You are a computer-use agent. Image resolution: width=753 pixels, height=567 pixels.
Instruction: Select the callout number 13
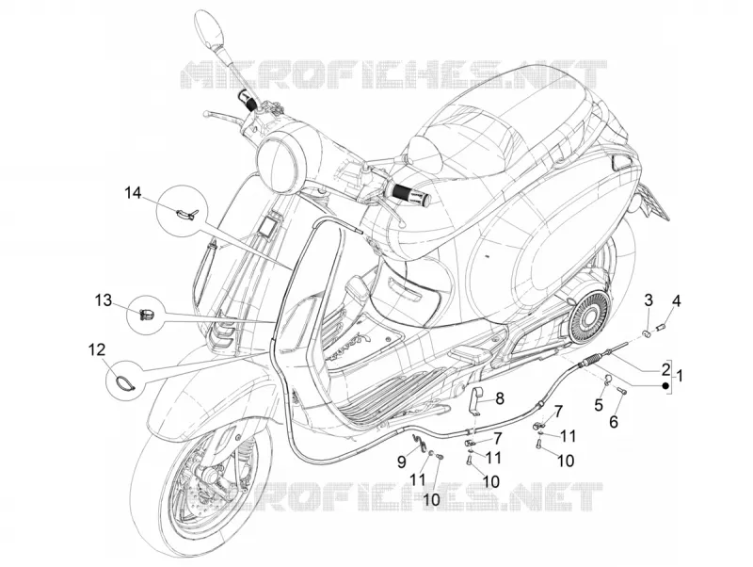[103, 300]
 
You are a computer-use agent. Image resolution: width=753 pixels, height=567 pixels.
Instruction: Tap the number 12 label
[98, 349]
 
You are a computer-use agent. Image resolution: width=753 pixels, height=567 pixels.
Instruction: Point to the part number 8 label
[500, 397]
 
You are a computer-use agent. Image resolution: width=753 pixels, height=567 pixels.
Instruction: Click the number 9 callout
[402, 462]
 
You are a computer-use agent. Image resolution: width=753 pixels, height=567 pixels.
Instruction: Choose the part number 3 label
[649, 300]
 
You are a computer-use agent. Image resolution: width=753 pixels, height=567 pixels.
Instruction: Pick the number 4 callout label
[676, 301]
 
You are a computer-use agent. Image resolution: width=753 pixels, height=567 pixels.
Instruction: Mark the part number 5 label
[599, 405]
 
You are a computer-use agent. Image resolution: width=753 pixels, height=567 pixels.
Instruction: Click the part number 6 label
[614, 422]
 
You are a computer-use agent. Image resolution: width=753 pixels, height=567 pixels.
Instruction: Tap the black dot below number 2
[665, 385]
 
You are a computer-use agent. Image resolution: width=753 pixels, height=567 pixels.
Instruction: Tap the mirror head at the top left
[210, 29]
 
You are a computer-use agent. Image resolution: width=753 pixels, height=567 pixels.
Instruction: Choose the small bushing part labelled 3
[647, 332]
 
